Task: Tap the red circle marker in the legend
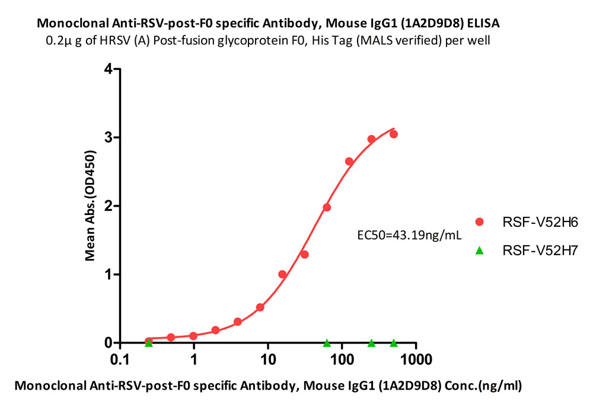[x=480, y=222]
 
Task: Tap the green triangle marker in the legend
[x=480, y=250]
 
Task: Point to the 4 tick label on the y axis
[x=109, y=69]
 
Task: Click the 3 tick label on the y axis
[x=109, y=137]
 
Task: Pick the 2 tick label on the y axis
[x=109, y=206]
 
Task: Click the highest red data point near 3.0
[x=393, y=134]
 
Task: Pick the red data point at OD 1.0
[x=282, y=274]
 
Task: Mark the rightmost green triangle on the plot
[x=393, y=343]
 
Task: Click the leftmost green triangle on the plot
[x=149, y=343]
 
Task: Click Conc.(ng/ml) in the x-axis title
[x=482, y=386]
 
